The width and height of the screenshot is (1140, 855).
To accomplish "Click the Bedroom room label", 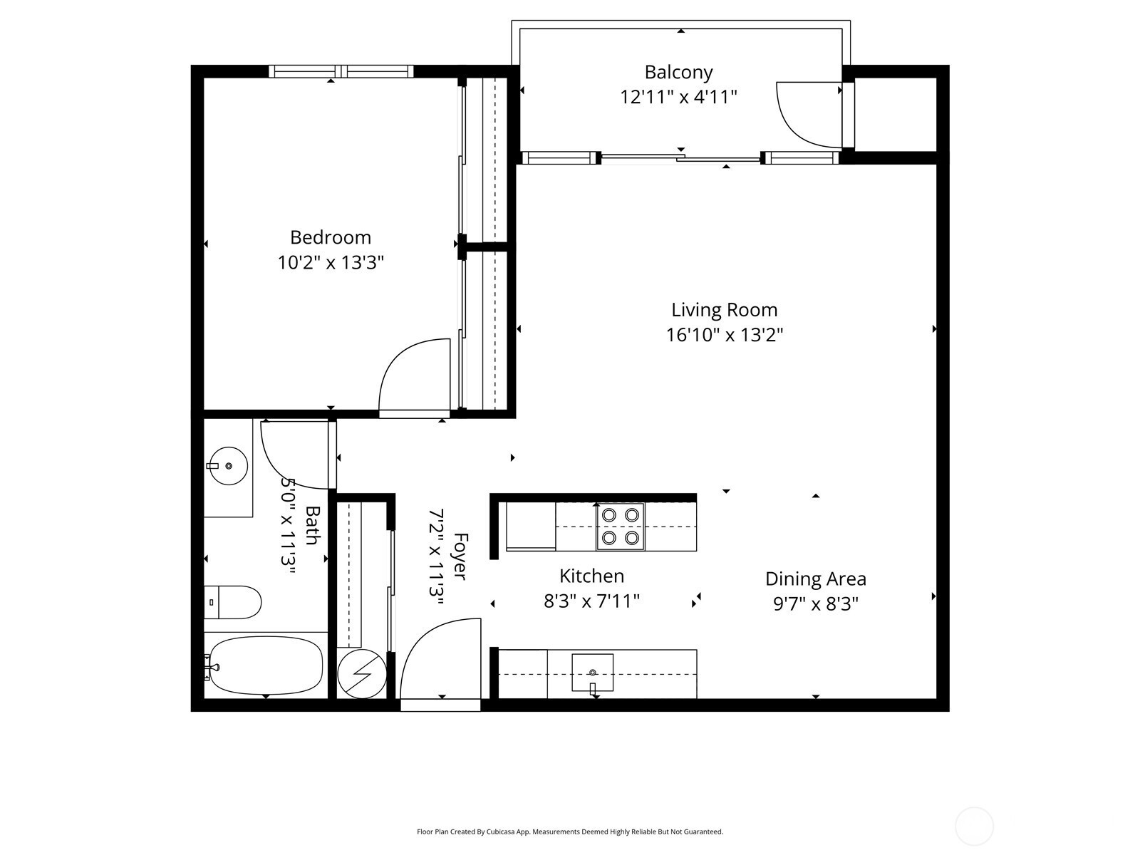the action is (x=331, y=237).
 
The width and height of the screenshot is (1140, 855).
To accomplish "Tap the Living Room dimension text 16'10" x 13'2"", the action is (x=725, y=335).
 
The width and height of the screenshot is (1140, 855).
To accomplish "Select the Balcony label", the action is (x=678, y=73).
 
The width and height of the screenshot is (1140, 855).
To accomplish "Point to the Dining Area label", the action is (x=815, y=579).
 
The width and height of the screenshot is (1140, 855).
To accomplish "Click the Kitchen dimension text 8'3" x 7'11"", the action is (x=591, y=601).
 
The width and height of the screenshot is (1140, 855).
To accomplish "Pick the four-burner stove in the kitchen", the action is (x=620, y=527).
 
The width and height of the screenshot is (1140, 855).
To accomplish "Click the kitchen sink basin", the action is (x=593, y=673).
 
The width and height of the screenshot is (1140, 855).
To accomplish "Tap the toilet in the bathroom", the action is (x=232, y=602).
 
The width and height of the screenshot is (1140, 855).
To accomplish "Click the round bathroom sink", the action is (x=228, y=466).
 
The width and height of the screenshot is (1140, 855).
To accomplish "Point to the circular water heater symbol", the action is (x=362, y=674).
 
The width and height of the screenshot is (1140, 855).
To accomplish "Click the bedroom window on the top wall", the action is (x=341, y=71).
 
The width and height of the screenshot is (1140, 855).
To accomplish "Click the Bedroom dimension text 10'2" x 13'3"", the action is (x=331, y=263).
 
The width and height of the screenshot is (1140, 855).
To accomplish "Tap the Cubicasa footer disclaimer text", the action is (x=570, y=831).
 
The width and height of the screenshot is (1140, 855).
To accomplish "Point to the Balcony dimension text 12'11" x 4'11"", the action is (x=678, y=97).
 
